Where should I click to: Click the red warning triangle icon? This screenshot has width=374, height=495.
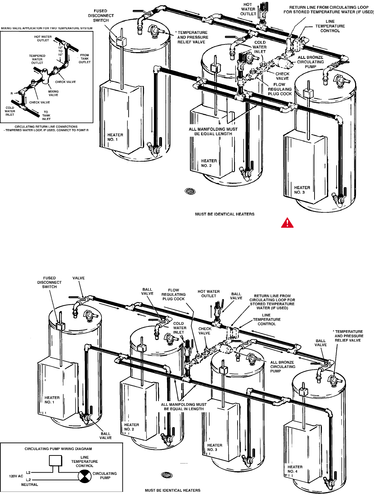[287, 222]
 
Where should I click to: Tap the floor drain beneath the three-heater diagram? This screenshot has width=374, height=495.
[190, 191]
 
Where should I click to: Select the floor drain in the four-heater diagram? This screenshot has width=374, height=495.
[167, 475]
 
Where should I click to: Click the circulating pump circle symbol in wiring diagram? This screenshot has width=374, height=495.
[84, 476]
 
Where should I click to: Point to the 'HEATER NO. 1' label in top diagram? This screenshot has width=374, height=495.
[115, 137]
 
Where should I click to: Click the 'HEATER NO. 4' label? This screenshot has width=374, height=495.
[295, 469]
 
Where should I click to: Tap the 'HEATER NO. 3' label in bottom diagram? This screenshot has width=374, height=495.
[214, 447]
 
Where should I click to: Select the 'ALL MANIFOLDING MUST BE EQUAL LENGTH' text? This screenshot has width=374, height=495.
[213, 132]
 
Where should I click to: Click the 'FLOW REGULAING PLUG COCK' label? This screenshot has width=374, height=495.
[280, 89]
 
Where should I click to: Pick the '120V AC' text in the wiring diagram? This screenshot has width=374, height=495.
[16, 476]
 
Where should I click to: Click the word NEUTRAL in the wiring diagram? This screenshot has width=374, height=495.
[29, 485]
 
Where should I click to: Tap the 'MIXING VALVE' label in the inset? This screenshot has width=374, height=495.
[53, 93]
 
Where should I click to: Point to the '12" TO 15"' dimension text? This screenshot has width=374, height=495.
[60, 51]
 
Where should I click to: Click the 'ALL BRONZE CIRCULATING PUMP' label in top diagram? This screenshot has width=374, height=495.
[310, 62]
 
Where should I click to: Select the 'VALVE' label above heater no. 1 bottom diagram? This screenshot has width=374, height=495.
[78, 278]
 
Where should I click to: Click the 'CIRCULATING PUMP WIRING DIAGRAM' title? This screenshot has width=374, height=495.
[58, 449]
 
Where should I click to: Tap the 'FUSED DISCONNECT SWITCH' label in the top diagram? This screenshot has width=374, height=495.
[101, 16]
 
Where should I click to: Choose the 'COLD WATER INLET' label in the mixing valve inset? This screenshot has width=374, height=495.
[10, 111]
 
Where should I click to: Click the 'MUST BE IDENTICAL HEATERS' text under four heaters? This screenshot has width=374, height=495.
[172, 490]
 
